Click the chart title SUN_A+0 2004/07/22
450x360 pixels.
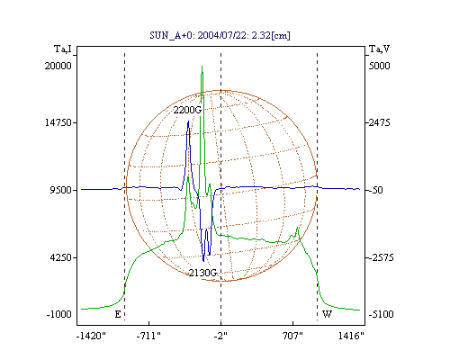[220, 35]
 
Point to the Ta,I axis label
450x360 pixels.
[63, 49]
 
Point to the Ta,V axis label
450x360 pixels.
[380, 49]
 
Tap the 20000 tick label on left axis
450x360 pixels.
[58, 66]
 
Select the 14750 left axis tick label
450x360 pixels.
[58, 122]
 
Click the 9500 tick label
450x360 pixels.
[61, 190]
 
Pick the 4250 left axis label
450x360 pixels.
[61, 257]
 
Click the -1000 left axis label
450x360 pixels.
[59, 314]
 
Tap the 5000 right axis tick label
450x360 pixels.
[379, 66]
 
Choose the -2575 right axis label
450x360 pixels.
[381, 257]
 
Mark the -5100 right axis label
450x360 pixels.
[381, 314]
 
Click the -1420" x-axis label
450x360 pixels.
[91, 336]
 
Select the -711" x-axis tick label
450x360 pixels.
[148, 336]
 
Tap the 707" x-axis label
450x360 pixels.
[292, 336]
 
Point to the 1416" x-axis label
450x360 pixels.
[351, 336]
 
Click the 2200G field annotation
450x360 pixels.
[187, 110]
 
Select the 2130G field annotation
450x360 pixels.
[202, 273]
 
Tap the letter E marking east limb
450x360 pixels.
[118, 314]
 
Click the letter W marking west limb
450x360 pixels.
[327, 314]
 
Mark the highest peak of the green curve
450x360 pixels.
[202, 66]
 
